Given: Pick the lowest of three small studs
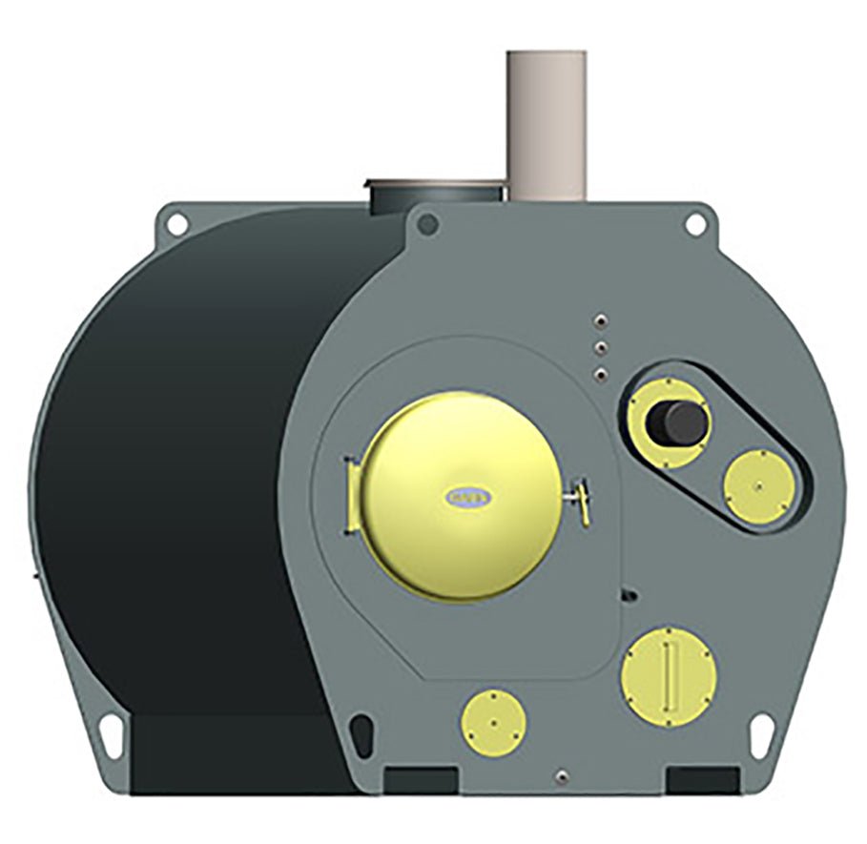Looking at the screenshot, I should pos(600,373).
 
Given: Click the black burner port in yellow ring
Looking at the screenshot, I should pos(678,420).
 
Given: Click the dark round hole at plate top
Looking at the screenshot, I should pos(429,224).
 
